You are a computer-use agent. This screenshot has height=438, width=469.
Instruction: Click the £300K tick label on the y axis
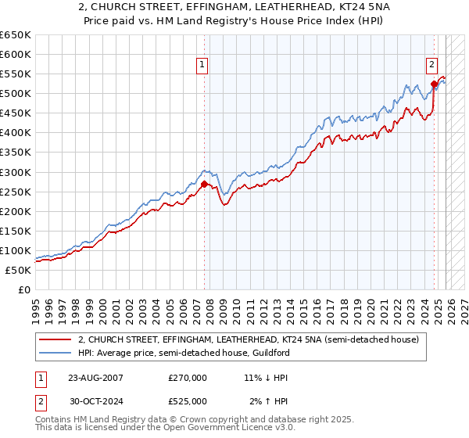tap(15, 172)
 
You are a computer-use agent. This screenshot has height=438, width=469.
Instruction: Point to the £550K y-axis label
tap(15, 74)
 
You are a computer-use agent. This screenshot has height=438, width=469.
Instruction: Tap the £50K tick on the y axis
tap(18, 270)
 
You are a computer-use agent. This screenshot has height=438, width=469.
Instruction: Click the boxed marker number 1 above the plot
tap(202, 66)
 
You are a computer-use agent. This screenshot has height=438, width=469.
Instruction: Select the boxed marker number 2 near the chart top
tap(431, 66)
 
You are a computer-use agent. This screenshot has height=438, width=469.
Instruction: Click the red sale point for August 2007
tap(204, 185)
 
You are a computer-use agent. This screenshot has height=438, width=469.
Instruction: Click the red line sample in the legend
tap(55, 339)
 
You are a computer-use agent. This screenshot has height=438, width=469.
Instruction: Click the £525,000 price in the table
tap(188, 400)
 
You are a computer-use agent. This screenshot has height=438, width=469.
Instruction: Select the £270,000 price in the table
tap(188, 378)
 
